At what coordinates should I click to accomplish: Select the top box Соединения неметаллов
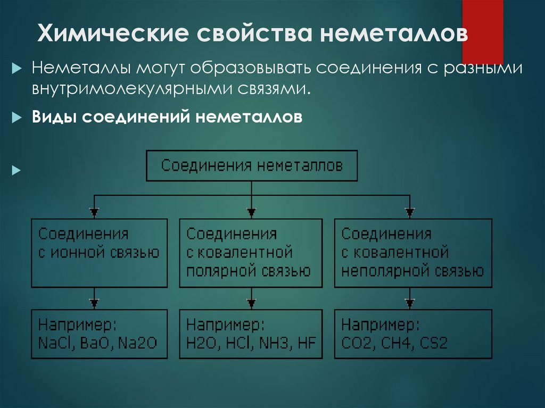tap(252, 165)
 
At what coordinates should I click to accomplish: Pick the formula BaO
tap(94, 343)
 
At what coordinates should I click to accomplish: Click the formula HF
tap(307, 343)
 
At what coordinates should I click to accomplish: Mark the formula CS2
tap(433, 343)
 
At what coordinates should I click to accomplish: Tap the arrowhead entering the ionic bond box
tap(94, 212)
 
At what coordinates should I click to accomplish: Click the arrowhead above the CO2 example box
tap(409, 304)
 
